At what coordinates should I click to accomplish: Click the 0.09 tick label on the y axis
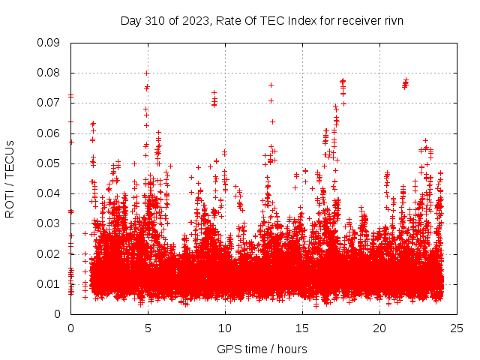click(49, 43)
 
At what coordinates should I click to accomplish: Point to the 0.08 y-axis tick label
click(49, 73)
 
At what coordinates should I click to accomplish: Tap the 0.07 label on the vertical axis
click(49, 103)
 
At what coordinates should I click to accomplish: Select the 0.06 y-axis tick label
click(49, 133)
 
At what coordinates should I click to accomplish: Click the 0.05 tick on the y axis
click(49, 163)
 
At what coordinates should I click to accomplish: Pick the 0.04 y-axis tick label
click(49, 193)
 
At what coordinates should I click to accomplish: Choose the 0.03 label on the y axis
click(49, 223)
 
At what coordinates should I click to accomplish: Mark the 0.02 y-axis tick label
click(49, 253)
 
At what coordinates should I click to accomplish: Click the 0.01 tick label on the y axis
click(49, 283)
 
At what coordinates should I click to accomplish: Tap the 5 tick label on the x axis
click(148, 328)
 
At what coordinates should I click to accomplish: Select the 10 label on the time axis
click(225, 328)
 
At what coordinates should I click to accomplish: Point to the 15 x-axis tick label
click(302, 328)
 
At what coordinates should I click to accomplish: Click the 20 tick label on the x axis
click(379, 328)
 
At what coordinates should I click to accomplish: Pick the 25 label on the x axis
click(457, 328)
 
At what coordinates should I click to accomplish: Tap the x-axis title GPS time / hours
click(263, 349)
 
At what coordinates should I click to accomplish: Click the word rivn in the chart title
click(394, 21)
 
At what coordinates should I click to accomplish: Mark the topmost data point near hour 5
click(147, 73)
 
